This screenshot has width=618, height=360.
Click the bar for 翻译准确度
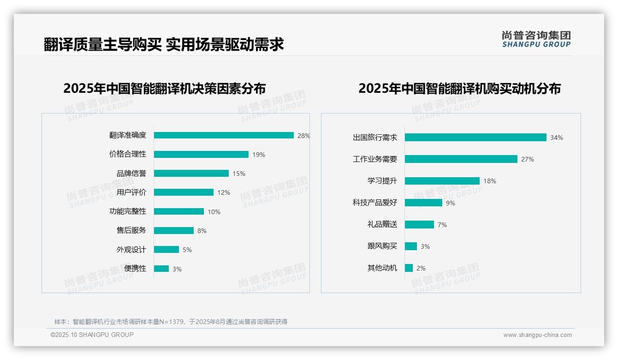pos(224,135)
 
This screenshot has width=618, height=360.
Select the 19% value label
pos(258,155)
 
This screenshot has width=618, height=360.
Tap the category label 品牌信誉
pos(131,174)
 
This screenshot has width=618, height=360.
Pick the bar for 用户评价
pos(184,192)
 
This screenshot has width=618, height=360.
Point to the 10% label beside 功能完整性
pos(214,212)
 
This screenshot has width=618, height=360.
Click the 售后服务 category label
pos(131,230)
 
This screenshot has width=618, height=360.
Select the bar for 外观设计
pos(166,250)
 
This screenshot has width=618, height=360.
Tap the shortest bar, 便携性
pos(161,269)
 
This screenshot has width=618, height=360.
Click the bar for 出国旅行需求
pos(475,138)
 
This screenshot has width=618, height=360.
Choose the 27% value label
pos(527,159)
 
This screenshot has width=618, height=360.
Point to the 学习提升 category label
pos(382,181)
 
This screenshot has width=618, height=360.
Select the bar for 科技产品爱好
pos(423,203)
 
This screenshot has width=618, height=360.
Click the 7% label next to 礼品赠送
pos(442,225)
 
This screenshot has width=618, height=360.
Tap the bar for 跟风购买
pos(411,246)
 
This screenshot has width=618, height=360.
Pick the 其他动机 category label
pos(382,268)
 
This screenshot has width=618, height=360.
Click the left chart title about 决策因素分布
pos(165,88)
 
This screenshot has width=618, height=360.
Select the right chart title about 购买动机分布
pos(459,88)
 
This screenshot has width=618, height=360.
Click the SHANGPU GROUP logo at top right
pos(536,39)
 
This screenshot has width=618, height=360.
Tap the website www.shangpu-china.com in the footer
pos(537,335)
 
